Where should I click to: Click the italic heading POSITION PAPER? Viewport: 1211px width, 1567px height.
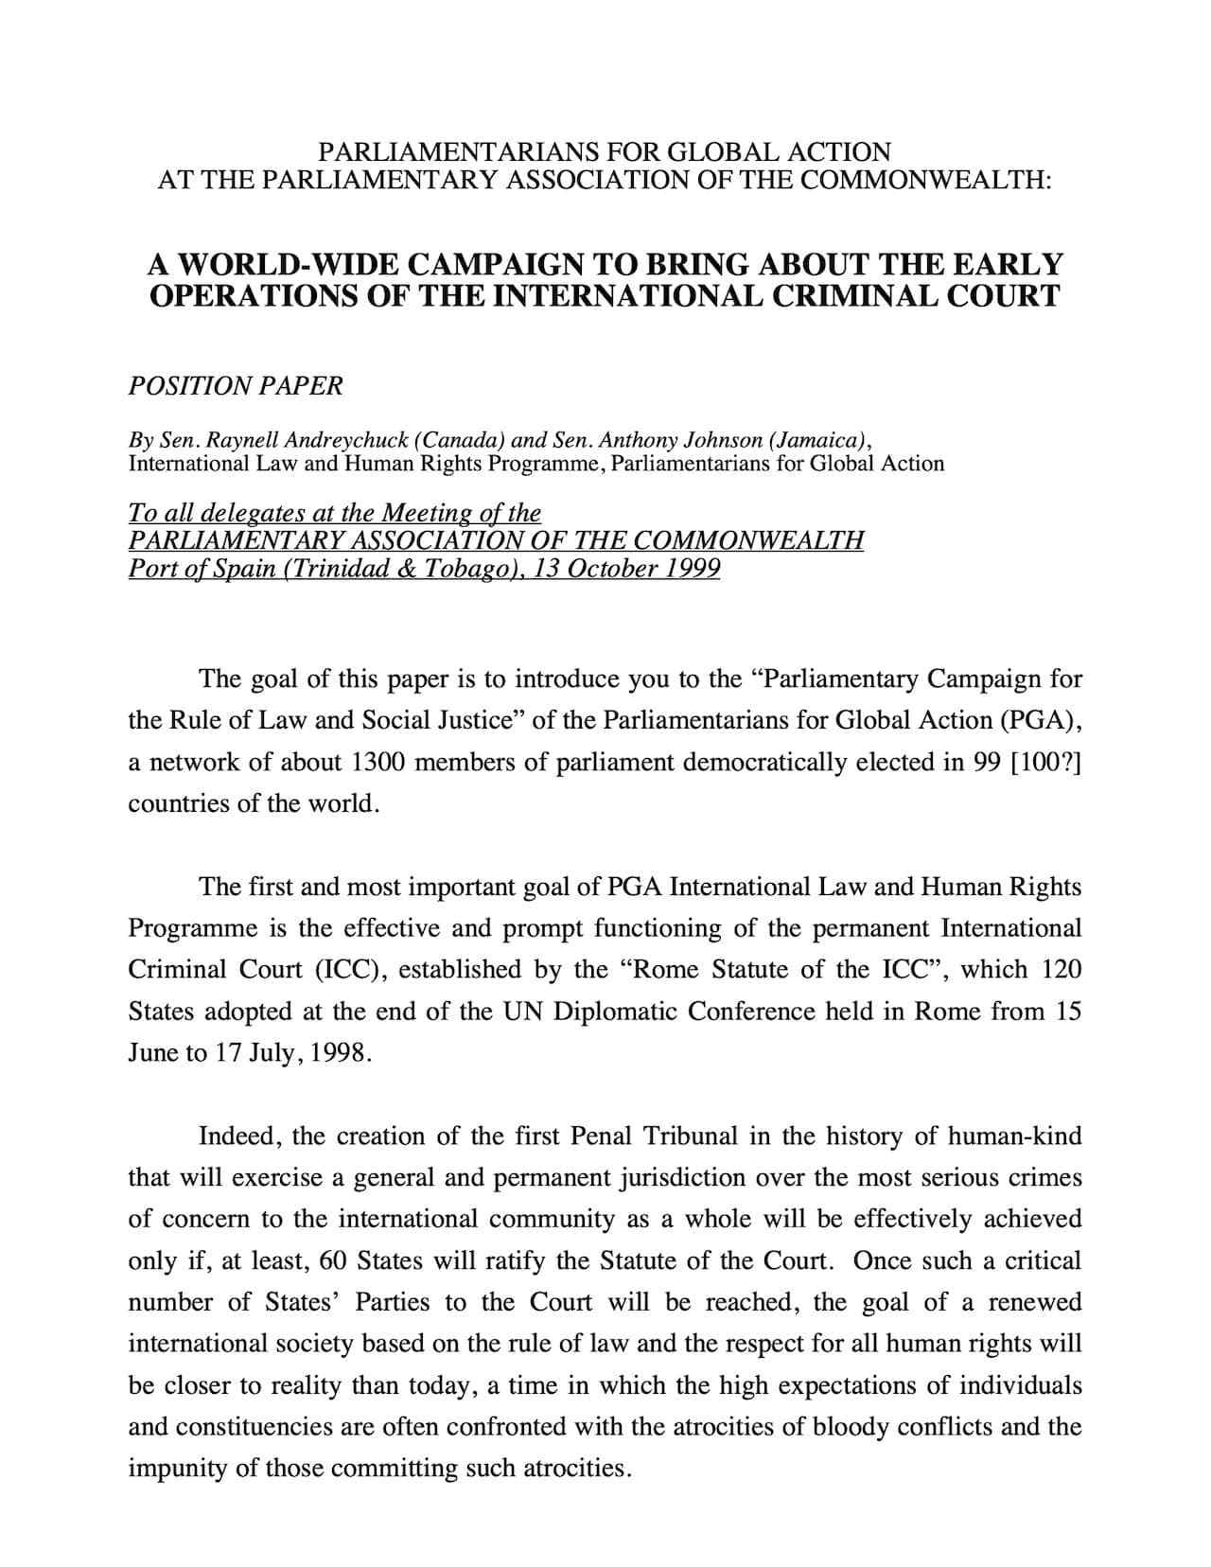pos(236,386)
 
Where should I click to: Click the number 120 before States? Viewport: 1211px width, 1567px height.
pos(1061,970)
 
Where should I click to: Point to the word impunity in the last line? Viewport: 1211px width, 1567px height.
pos(167,1469)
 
